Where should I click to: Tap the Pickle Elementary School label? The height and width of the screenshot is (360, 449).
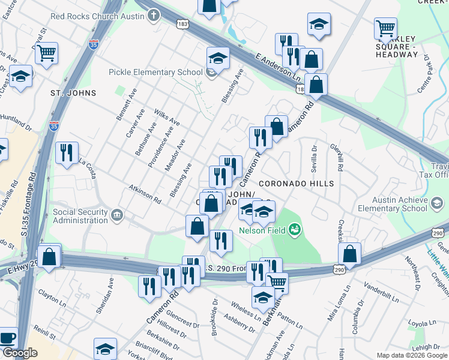[x=155, y=73]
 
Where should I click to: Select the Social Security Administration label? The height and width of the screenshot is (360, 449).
[x=80, y=216]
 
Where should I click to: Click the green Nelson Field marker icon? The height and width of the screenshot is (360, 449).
[x=294, y=229]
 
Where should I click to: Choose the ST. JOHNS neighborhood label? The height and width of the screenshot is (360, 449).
[x=73, y=93]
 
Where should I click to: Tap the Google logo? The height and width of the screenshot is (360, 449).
[x=19, y=353]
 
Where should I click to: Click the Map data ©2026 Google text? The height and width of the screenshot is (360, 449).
[x=412, y=355]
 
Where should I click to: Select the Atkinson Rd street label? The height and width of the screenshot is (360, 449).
[x=145, y=193]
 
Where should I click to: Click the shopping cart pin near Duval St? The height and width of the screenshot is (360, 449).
[x=46, y=53]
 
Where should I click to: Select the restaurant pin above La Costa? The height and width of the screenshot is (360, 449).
[x=67, y=152]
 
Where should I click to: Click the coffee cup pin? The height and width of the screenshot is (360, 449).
[x=7, y=338]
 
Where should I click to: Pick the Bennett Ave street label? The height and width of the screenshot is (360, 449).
[x=127, y=103]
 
